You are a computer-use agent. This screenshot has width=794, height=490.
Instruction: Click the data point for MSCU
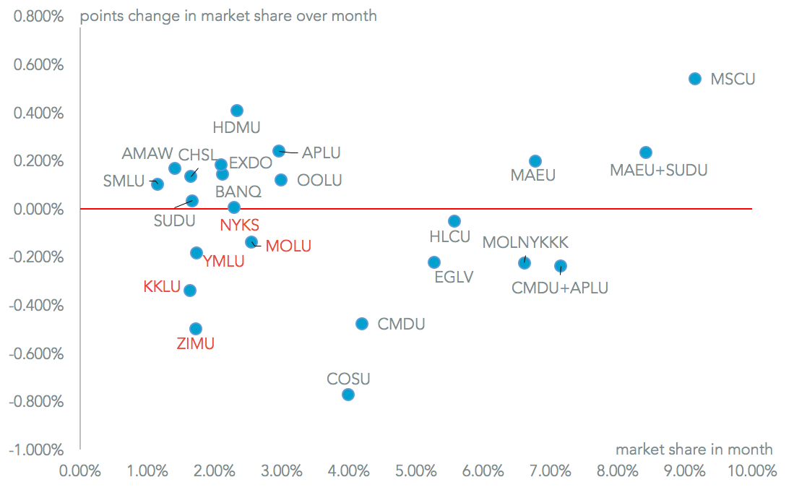point(695,78)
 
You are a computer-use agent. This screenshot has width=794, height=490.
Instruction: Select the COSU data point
point(348,395)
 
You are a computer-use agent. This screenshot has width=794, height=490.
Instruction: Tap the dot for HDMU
point(237,111)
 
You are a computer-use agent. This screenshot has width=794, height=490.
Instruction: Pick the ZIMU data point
point(195,329)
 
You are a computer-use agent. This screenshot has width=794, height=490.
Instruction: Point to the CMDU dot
point(362,324)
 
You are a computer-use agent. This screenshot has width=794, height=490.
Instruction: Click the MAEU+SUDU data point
point(646,152)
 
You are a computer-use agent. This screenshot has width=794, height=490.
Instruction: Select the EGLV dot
point(434,262)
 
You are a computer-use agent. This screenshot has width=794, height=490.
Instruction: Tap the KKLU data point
point(190,291)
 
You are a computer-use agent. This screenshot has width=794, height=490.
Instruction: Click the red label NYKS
point(239,225)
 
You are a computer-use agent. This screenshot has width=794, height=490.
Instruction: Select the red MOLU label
point(288,246)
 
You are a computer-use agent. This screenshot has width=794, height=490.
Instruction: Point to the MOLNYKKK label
point(525,242)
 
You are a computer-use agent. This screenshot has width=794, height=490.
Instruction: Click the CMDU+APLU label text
point(560,288)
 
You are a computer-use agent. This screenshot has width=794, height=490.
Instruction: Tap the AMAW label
point(147,153)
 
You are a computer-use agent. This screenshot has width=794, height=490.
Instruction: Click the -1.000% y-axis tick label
point(38,450)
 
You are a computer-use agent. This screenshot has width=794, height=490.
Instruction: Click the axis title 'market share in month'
point(694,450)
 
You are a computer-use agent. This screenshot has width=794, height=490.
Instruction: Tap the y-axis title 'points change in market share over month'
point(228,16)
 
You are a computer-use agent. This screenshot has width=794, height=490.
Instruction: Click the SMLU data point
point(157,184)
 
